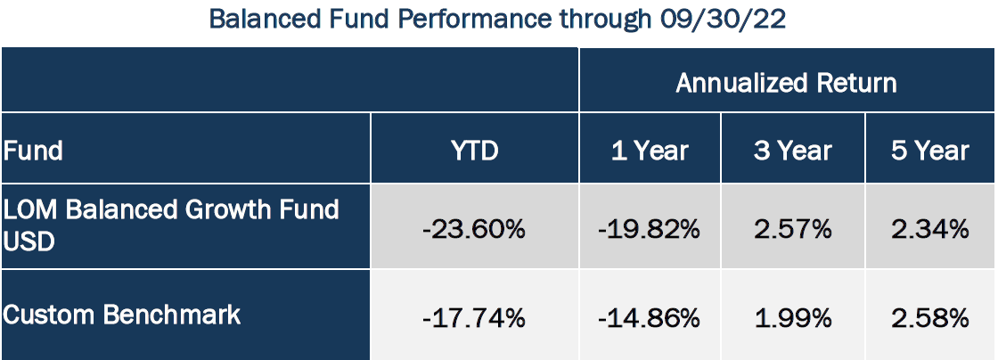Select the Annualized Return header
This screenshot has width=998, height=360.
(x=786, y=83)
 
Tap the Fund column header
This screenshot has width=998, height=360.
(x=33, y=151)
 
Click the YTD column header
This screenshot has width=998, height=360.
(x=474, y=151)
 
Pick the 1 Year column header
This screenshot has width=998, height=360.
(x=650, y=151)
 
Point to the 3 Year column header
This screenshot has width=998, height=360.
(x=792, y=151)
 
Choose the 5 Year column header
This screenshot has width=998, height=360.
(x=930, y=151)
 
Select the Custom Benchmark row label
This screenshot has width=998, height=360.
(x=122, y=315)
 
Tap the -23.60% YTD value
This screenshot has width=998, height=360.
(x=474, y=229)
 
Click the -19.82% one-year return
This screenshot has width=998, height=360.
(x=650, y=229)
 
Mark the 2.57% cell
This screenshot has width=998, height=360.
(x=792, y=229)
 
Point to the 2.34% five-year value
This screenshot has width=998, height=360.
(x=930, y=229)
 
